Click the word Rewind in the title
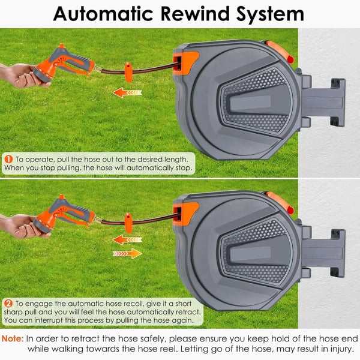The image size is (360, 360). click(195, 14)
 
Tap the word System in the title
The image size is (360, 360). click(270, 15)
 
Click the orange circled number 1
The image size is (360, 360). click(8, 160)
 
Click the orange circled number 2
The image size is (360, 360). click(8, 304)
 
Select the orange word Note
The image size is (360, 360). click(13, 338)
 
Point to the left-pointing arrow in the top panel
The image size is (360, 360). click(127, 92)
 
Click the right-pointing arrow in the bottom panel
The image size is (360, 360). click(127, 253)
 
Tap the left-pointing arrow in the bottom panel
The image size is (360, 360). click(127, 239)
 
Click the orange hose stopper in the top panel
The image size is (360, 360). click(128, 72)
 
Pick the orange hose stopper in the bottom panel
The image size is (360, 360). click(128, 223)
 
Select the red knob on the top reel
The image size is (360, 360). click(290, 59)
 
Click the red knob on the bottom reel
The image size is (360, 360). click(290, 210)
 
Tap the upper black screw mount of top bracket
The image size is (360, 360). click(335, 83)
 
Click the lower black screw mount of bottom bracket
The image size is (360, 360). click(335, 272)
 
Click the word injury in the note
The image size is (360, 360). click(341, 349)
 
